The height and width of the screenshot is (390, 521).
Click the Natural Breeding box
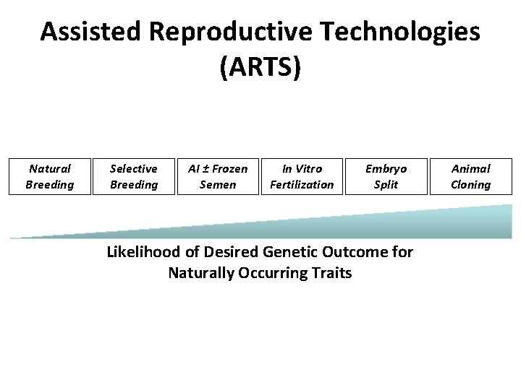(x=50, y=177)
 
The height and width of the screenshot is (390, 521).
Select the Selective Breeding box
(x=134, y=177)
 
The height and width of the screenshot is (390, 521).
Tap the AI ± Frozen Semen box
(x=218, y=177)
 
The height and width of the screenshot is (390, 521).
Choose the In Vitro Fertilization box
(x=302, y=177)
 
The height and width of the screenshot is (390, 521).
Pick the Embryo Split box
(x=386, y=177)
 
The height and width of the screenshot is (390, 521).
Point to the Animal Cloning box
(x=470, y=177)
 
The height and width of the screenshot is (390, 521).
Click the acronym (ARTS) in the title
(x=260, y=67)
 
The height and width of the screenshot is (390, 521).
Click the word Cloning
(x=470, y=185)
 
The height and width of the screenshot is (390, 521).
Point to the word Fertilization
(x=302, y=185)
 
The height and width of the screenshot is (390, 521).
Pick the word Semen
(x=218, y=185)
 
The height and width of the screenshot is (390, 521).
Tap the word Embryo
(x=386, y=169)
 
